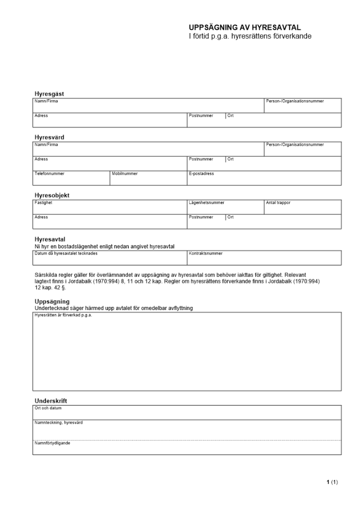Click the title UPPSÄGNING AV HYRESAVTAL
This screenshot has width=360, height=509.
pyautogui.click(x=245, y=27)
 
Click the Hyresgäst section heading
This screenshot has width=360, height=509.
pyautogui.click(x=49, y=94)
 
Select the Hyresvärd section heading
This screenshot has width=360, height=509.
pyautogui.click(x=49, y=137)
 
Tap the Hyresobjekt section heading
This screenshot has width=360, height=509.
pyautogui.click(x=52, y=195)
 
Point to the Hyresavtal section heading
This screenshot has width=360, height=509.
pyautogui.click(x=50, y=239)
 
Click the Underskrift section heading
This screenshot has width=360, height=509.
pyautogui.click(x=51, y=401)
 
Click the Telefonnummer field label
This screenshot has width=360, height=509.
pyautogui.click(x=49, y=174)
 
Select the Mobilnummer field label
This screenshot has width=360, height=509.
pyautogui.click(x=125, y=174)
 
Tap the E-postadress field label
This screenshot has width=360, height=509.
pyautogui.click(x=201, y=174)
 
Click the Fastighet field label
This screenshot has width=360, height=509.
pyautogui.click(x=43, y=203)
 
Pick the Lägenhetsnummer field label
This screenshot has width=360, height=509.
pyautogui.click(x=206, y=203)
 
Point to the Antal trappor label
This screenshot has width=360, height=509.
pyautogui.click(x=278, y=203)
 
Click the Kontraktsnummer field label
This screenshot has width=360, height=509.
pyautogui.click(x=206, y=253)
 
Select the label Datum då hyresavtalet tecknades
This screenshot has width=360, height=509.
pyautogui.click(x=66, y=253)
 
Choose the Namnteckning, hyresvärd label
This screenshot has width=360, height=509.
pyautogui.click(x=59, y=422)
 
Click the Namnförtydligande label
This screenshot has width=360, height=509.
pyautogui.click(x=52, y=443)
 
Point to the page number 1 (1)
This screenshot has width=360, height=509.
pyautogui.click(x=332, y=482)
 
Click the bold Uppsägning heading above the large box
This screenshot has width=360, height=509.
pyautogui.click(x=52, y=302)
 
